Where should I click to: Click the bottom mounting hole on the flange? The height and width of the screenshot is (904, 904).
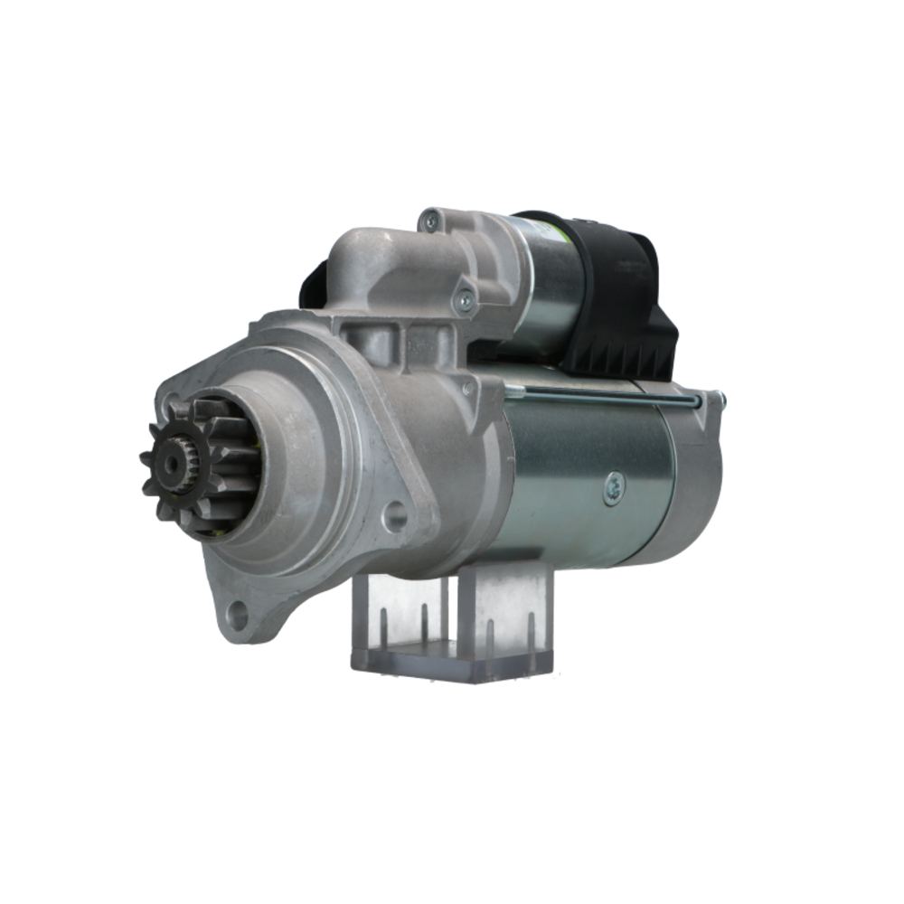238,617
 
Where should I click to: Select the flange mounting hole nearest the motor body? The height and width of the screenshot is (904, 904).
394,516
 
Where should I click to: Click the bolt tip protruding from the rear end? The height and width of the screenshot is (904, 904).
720,398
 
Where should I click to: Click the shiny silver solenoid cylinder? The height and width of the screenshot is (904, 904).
547,280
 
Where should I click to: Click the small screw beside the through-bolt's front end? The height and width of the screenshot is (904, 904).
467,389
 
